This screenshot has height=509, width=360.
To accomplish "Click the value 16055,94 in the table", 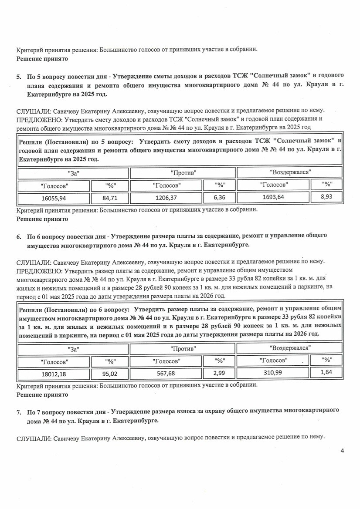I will (x=54, y=198).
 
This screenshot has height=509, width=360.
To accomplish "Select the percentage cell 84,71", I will (x=110, y=198).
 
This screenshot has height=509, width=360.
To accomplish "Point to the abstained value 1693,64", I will (x=273, y=197).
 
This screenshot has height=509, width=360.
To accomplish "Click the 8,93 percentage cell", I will (x=326, y=197).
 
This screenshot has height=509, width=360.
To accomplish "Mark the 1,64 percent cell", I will (x=326, y=373).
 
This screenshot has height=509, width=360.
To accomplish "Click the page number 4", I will (x=343, y=451).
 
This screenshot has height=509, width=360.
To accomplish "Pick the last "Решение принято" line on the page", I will (x=42, y=394).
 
